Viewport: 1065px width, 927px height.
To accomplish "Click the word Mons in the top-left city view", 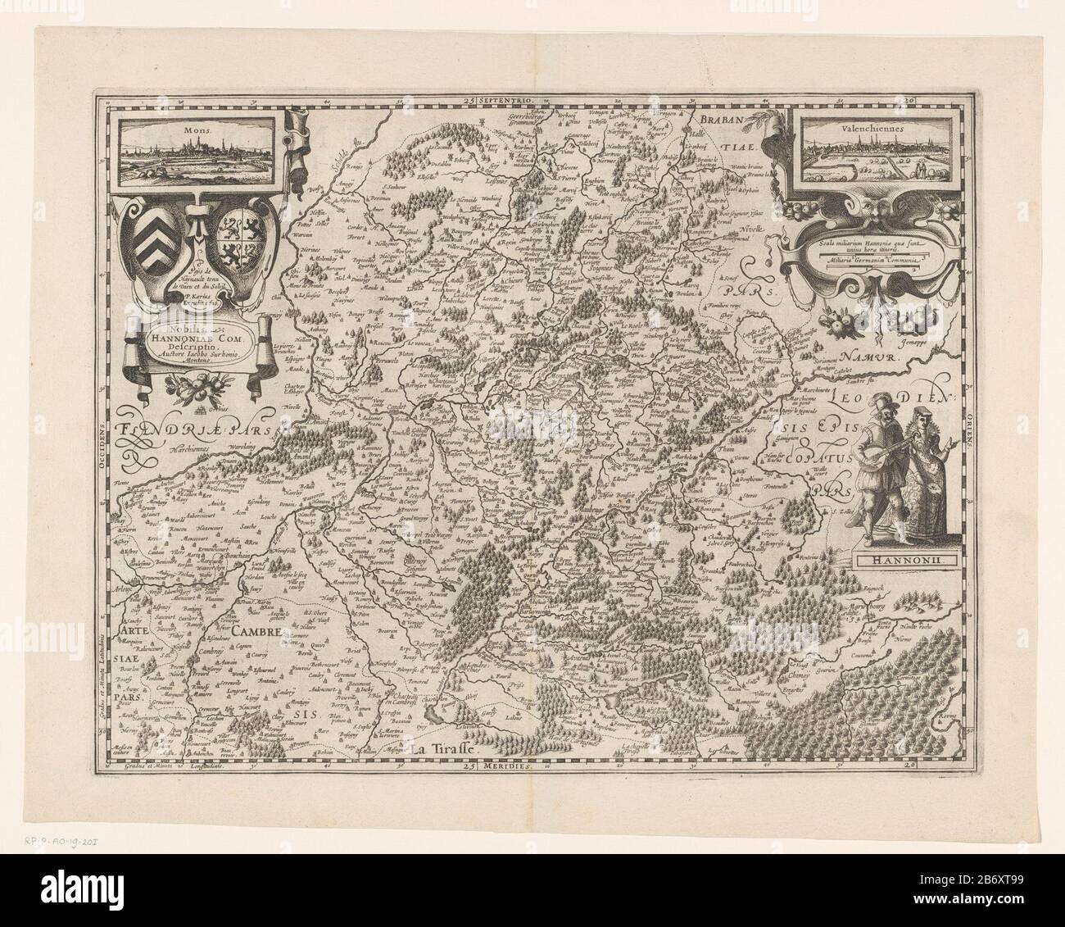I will tap(197, 130).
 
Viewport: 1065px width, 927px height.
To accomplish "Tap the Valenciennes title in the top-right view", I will tap(857, 130).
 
